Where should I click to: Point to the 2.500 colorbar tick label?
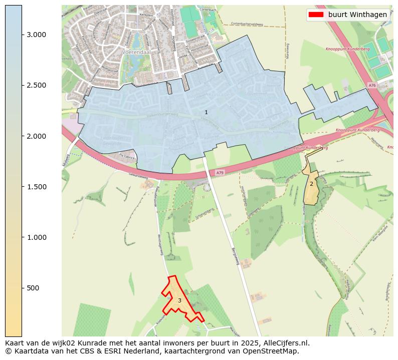pos(36,85)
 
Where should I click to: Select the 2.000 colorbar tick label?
pos(36,136)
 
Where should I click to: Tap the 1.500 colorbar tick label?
pos(36,187)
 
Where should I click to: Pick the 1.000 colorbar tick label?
pos(36,237)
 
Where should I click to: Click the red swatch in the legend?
pos(316,15)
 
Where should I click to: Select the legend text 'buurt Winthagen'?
pos(357,15)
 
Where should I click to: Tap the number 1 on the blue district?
pos(206,112)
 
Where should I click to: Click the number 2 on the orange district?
pos(311,184)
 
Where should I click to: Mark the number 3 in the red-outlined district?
pos(179,300)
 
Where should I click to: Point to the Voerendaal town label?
pos(133,52)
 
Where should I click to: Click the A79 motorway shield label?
pos(220,173)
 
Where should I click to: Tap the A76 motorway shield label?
pos(371,86)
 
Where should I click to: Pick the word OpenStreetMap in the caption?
pos(273,351)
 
